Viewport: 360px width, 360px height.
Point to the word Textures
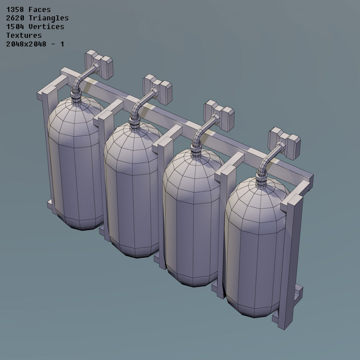(x=24, y=35)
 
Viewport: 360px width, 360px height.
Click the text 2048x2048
(x=26, y=44)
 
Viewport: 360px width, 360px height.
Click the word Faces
(x=40, y=10)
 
